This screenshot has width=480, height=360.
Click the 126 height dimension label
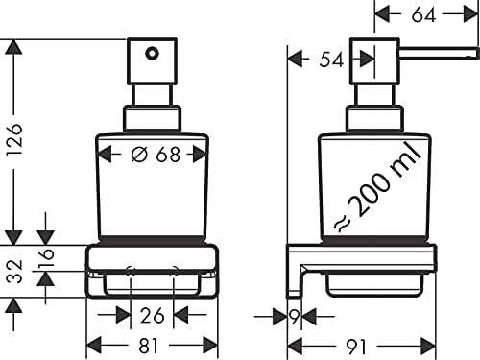point(15,139)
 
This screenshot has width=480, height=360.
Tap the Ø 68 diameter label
point(156,155)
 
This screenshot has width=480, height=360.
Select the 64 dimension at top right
point(423,15)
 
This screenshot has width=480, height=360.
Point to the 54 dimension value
point(331,60)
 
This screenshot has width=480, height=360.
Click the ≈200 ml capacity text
point(377,188)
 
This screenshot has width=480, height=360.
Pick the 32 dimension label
point(15,272)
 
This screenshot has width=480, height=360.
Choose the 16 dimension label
point(46,258)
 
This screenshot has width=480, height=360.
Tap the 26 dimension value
point(152,316)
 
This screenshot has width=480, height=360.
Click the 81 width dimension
point(149,346)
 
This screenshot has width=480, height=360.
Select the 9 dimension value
point(294,317)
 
